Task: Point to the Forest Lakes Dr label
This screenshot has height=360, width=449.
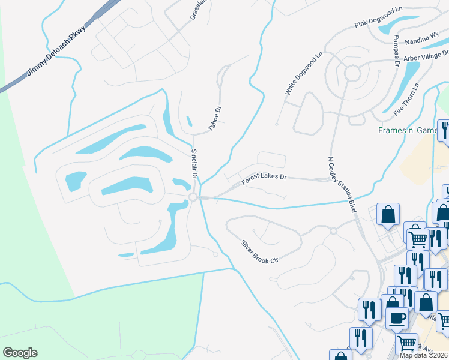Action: tap(265, 179)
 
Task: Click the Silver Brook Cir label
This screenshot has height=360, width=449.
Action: tap(260, 252)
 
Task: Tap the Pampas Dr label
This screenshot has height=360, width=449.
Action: tap(397, 50)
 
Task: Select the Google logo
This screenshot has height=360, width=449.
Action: tap(20, 353)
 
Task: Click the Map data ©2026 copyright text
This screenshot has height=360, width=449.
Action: tap(424, 355)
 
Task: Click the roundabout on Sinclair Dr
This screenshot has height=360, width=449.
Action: tap(193, 197)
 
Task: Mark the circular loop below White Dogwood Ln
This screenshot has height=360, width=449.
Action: tap(352, 73)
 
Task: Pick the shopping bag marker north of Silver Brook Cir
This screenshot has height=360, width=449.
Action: tap(388, 214)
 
